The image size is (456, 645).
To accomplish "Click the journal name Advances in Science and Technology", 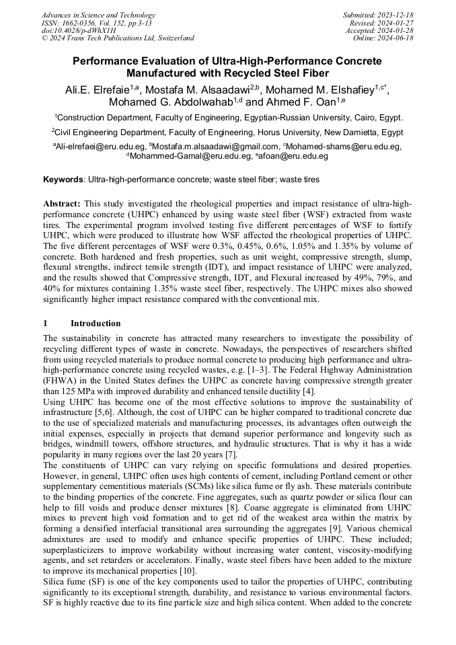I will click(98, 15).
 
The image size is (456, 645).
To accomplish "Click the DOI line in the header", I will click(79, 30).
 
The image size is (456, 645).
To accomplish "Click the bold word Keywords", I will click(63, 180).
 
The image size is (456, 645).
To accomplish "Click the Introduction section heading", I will click(96, 324).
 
